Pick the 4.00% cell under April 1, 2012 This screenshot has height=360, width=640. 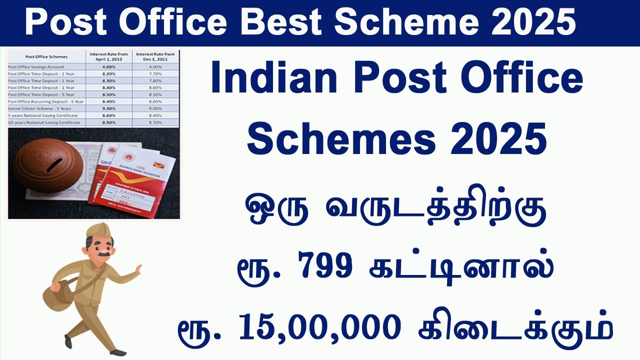(x=109, y=67)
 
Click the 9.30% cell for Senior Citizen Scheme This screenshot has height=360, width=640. (x=109, y=108)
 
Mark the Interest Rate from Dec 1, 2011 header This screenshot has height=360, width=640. (x=156, y=56)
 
